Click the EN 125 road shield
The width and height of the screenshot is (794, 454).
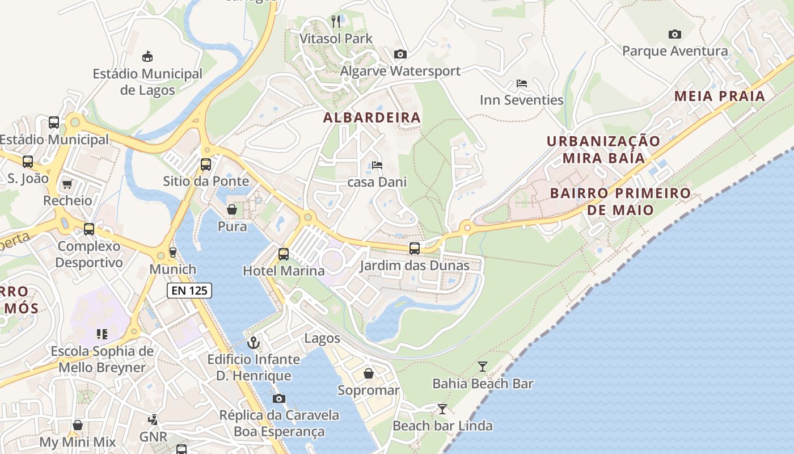(189, 291)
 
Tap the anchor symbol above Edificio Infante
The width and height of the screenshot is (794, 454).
(254, 343)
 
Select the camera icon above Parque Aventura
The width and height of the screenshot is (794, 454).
(674, 34)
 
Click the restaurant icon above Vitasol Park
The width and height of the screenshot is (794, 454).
(336, 22)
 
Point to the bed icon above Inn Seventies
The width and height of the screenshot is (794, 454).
(522, 83)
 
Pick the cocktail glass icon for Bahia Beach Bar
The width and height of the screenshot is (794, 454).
(482, 367)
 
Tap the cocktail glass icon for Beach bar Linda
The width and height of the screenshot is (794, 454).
(442, 409)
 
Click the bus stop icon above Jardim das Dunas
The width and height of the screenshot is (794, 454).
(415, 249)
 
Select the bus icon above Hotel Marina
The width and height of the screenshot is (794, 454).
(284, 254)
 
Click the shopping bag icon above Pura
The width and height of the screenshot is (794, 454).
(232, 209)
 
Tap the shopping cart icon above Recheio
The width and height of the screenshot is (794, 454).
(67, 183)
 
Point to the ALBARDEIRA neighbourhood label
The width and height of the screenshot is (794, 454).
(372, 117)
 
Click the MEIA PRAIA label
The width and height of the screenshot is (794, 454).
(720, 96)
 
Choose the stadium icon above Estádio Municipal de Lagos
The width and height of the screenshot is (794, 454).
(147, 56)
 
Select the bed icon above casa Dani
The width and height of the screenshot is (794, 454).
(377, 165)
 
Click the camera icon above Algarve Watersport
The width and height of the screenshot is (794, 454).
(400, 54)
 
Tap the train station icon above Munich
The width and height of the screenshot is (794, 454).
(173, 253)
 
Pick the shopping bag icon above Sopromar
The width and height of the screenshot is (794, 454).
(369, 373)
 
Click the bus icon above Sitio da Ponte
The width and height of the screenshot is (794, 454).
(206, 165)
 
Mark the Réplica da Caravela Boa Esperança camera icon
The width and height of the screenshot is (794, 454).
(279, 398)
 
